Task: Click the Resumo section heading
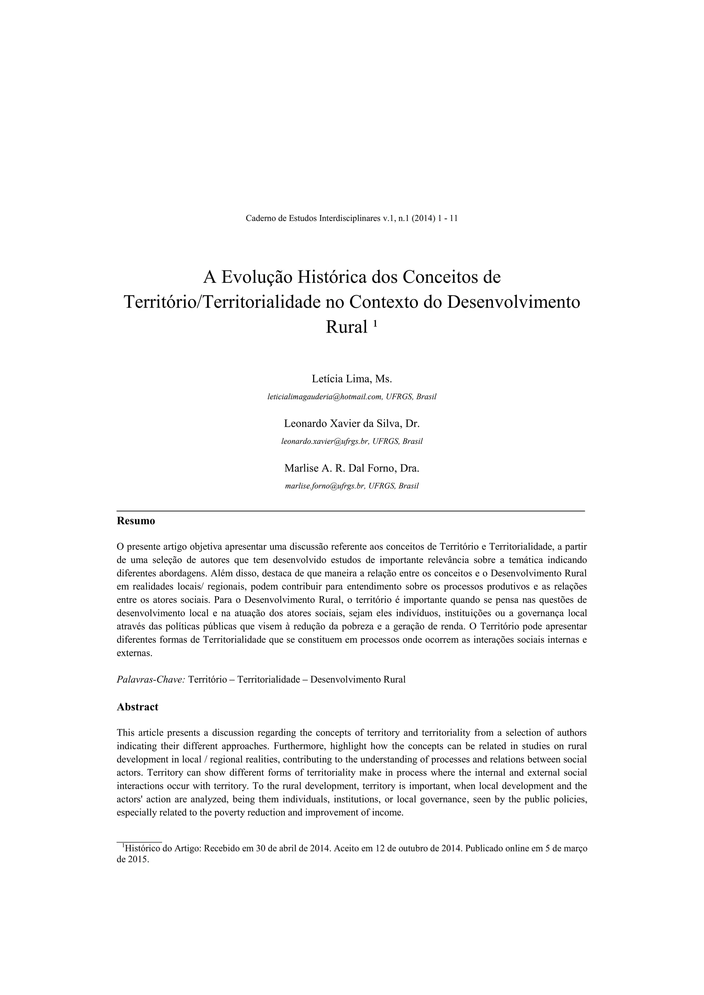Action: [136, 521]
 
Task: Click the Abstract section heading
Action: [137, 707]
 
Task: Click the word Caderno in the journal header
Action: [261, 219]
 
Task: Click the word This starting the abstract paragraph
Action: [126, 733]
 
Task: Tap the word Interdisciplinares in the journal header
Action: [349, 219]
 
